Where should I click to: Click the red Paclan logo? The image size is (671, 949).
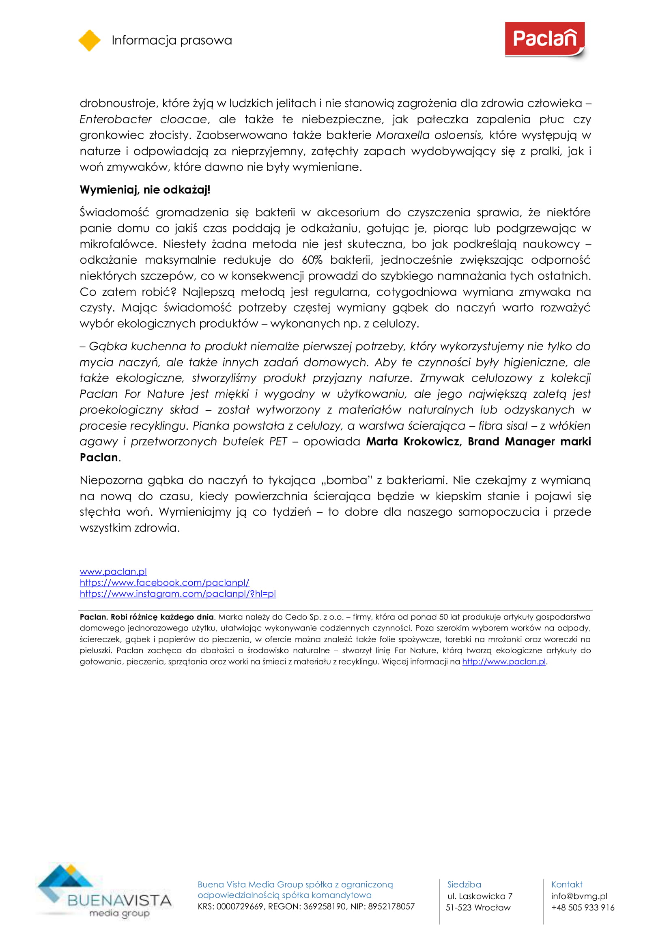pos(544,39)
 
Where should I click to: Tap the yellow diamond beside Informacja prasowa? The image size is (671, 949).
pos(89,41)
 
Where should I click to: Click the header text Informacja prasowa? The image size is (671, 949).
pos(172,40)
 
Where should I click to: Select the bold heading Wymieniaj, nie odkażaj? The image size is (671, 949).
pos(145,190)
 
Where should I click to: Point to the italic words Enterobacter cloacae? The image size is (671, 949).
pos(143,119)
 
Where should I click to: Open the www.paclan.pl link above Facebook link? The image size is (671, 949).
pos(113,572)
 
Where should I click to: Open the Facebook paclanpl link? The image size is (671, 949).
pos(164,583)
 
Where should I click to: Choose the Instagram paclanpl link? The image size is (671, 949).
pos(178,594)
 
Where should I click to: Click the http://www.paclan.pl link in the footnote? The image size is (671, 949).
pos(504,661)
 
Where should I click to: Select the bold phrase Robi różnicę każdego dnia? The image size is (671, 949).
pos(162,617)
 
